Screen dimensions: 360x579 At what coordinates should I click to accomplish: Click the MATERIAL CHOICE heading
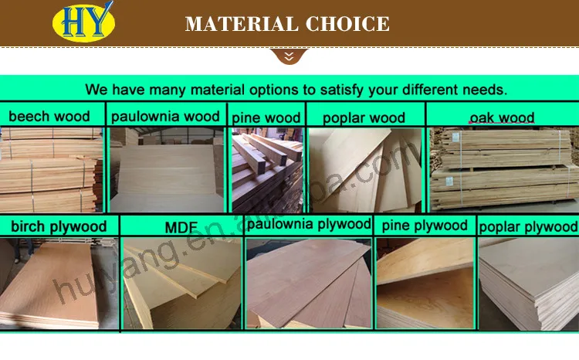click(287, 23)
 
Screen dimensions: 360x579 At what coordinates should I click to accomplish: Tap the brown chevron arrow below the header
click(289, 56)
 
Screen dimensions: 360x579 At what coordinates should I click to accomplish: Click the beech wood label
click(49, 117)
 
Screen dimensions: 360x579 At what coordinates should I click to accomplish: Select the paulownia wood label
click(165, 117)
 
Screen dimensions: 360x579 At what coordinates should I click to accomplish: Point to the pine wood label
click(266, 118)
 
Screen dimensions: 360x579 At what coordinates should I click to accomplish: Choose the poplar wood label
click(364, 118)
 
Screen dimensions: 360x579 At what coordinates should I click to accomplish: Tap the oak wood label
click(503, 118)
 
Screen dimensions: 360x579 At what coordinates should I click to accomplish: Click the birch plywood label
click(59, 226)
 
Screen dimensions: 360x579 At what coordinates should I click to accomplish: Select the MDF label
click(182, 228)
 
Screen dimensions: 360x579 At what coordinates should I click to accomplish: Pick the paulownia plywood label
click(309, 224)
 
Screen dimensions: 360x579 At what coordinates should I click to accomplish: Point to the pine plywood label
click(424, 225)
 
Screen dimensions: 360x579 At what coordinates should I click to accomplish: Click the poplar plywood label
click(528, 226)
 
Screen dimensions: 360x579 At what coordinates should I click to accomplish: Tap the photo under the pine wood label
click(266, 170)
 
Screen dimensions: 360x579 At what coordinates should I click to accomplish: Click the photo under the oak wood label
click(503, 170)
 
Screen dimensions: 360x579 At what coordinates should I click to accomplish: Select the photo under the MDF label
click(182, 284)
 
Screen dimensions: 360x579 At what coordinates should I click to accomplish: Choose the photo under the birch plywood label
click(59, 284)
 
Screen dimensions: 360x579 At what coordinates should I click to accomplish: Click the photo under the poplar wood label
click(365, 170)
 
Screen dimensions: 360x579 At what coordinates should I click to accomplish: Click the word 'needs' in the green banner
click(482, 89)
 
